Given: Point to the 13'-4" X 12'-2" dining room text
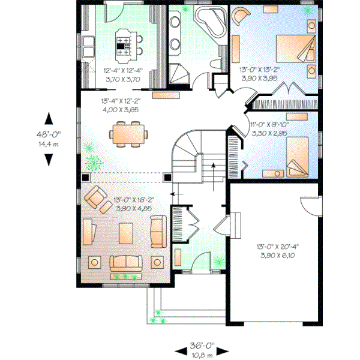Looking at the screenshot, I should [121, 103].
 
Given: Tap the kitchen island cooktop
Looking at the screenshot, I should [124, 44].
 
